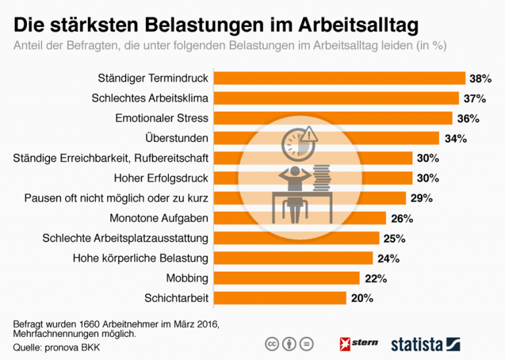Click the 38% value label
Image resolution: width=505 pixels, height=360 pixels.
pos(480,79)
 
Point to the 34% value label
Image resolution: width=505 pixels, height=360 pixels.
pos(455,138)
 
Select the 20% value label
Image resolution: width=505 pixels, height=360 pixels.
pos(362,298)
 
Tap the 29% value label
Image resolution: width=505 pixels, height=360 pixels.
pos(421,198)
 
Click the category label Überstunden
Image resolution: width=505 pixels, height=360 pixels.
pos(176,138)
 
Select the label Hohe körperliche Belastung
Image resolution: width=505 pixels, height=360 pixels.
pos(140,258)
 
